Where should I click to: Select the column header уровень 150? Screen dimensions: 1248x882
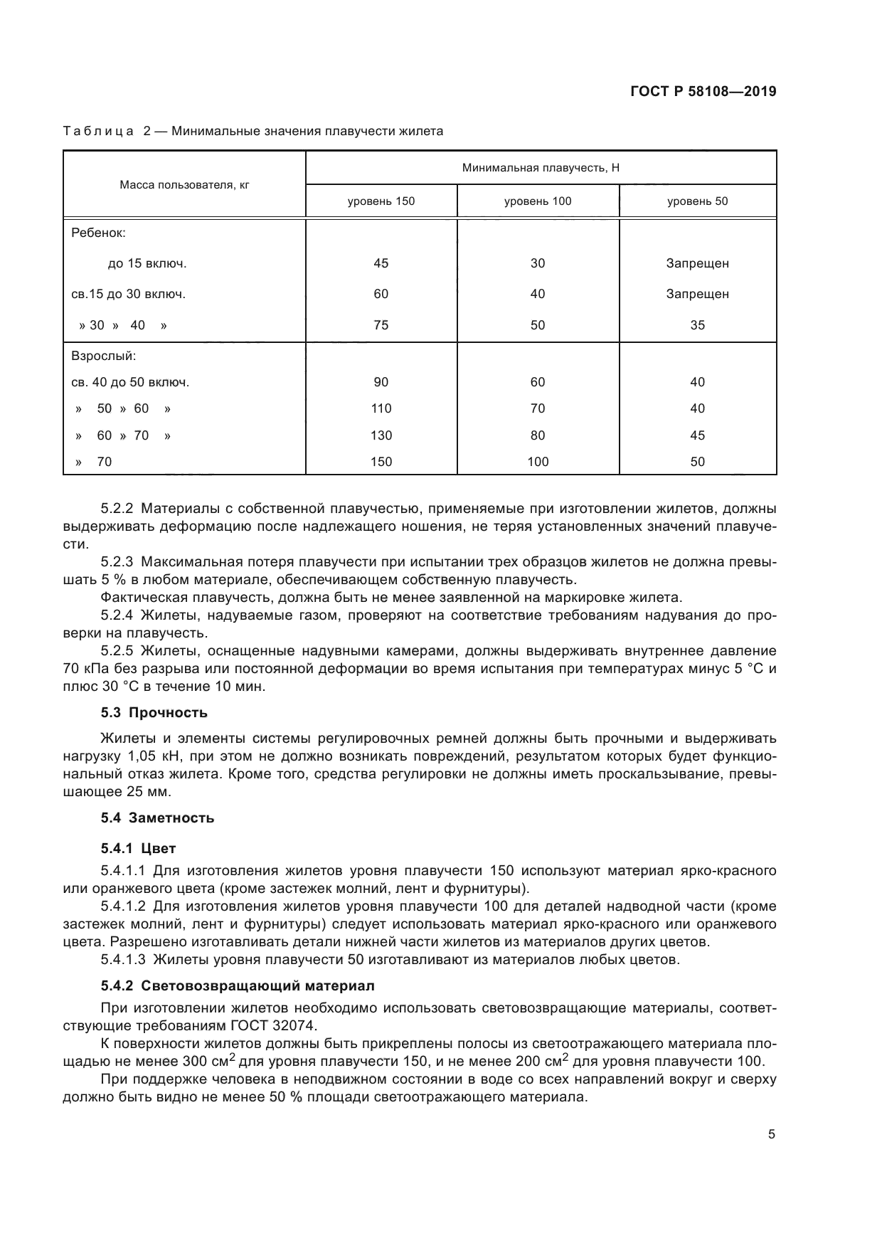381,201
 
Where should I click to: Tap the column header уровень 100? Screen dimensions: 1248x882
538,201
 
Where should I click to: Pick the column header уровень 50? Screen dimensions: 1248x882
697,201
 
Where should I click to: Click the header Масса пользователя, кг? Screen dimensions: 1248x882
184,184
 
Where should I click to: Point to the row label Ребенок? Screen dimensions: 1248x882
98,233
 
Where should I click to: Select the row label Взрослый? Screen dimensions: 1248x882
103,355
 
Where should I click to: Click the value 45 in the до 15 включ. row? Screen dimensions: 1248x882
381,263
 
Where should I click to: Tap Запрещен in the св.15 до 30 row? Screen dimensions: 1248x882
697,294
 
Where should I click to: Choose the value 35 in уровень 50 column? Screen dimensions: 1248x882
697,325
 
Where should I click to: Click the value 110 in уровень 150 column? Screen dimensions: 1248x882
381,408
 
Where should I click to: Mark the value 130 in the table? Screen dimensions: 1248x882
381,435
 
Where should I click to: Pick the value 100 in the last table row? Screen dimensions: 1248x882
538,462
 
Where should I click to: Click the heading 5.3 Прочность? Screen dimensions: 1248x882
154,713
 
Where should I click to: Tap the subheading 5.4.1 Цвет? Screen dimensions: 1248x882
138,849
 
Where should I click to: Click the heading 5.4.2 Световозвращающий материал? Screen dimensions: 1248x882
237,986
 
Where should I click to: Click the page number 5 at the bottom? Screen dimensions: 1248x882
772,1134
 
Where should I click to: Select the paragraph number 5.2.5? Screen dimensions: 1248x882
117,651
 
